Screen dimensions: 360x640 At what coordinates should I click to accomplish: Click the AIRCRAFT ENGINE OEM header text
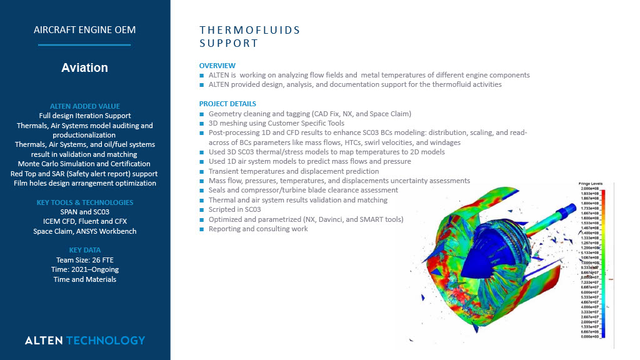pyautogui.click(x=84, y=29)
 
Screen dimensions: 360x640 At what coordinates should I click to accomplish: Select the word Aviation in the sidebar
pyautogui.click(x=84, y=68)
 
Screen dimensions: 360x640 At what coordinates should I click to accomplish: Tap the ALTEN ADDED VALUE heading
pyautogui.click(x=84, y=106)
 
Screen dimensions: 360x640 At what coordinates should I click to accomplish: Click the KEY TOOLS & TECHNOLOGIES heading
pyautogui.click(x=84, y=202)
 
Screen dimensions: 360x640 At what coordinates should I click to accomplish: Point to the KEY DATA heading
pyautogui.click(x=84, y=250)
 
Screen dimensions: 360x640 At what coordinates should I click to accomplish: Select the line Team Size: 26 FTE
pyautogui.click(x=84, y=260)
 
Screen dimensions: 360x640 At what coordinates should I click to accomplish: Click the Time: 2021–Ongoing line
pyautogui.click(x=84, y=269)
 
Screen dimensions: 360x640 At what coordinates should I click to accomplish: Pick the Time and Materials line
pyautogui.click(x=84, y=279)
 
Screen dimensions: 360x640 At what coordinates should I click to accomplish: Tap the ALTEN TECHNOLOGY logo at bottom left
pyautogui.click(x=84, y=341)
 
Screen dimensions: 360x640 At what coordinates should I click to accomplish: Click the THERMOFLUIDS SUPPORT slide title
pyautogui.click(x=249, y=36)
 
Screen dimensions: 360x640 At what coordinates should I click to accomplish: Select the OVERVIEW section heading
pyautogui.click(x=217, y=66)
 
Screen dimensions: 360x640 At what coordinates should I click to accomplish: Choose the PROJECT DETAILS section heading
pyautogui.click(x=227, y=104)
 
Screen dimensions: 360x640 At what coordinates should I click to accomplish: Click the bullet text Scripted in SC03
pyautogui.click(x=234, y=209)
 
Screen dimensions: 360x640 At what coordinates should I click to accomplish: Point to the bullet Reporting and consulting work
pyautogui.click(x=258, y=229)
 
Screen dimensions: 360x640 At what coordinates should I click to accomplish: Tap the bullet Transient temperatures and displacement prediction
pyautogui.click(x=294, y=171)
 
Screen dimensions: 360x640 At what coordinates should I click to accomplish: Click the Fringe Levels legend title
pyautogui.click(x=589, y=183)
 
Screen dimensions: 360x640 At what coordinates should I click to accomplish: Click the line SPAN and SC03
pyautogui.click(x=84, y=212)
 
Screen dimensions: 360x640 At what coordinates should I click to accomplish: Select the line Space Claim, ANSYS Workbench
pyautogui.click(x=84, y=231)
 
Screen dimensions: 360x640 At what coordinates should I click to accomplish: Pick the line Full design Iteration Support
pyautogui.click(x=84, y=116)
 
